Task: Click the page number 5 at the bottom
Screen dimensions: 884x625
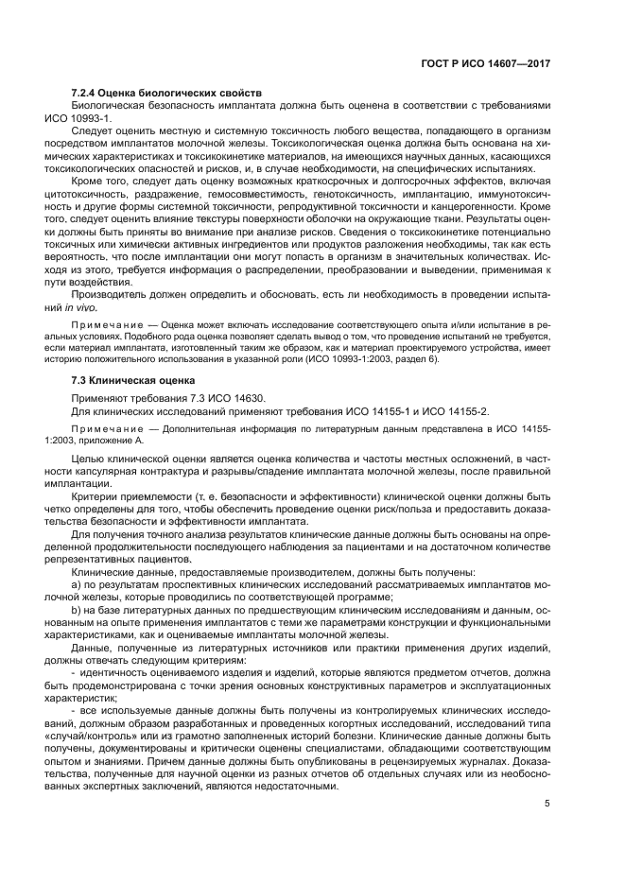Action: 548,805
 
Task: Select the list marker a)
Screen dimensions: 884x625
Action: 78,583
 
